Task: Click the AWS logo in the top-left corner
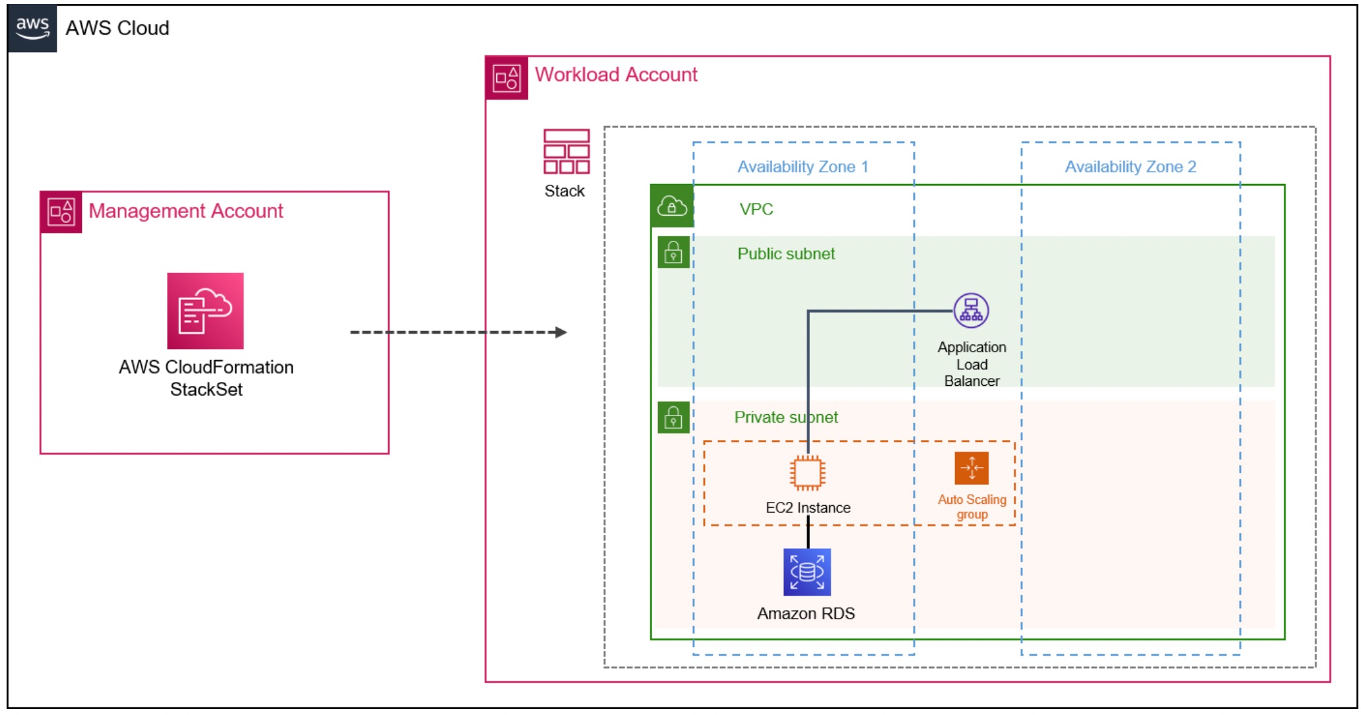[x=32, y=28]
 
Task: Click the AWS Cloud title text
[x=117, y=28]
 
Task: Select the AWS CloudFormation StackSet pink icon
[x=205, y=311]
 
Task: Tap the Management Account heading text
[x=185, y=211]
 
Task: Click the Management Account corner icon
[x=61, y=212]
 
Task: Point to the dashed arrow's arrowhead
[x=561, y=332]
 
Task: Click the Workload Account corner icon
[x=507, y=78]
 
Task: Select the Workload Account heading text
[x=615, y=75]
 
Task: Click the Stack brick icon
[x=566, y=152]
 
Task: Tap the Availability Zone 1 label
[x=803, y=167]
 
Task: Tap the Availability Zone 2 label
[x=1130, y=167]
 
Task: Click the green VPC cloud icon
[x=672, y=206]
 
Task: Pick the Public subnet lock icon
[x=673, y=253]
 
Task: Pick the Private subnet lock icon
[x=673, y=418]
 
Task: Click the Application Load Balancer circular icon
[x=971, y=311]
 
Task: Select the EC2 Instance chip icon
[x=807, y=472]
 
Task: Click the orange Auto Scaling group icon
[x=972, y=468]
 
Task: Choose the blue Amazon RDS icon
[x=807, y=572]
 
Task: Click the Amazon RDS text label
[x=806, y=613]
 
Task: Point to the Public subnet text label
[x=785, y=254]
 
